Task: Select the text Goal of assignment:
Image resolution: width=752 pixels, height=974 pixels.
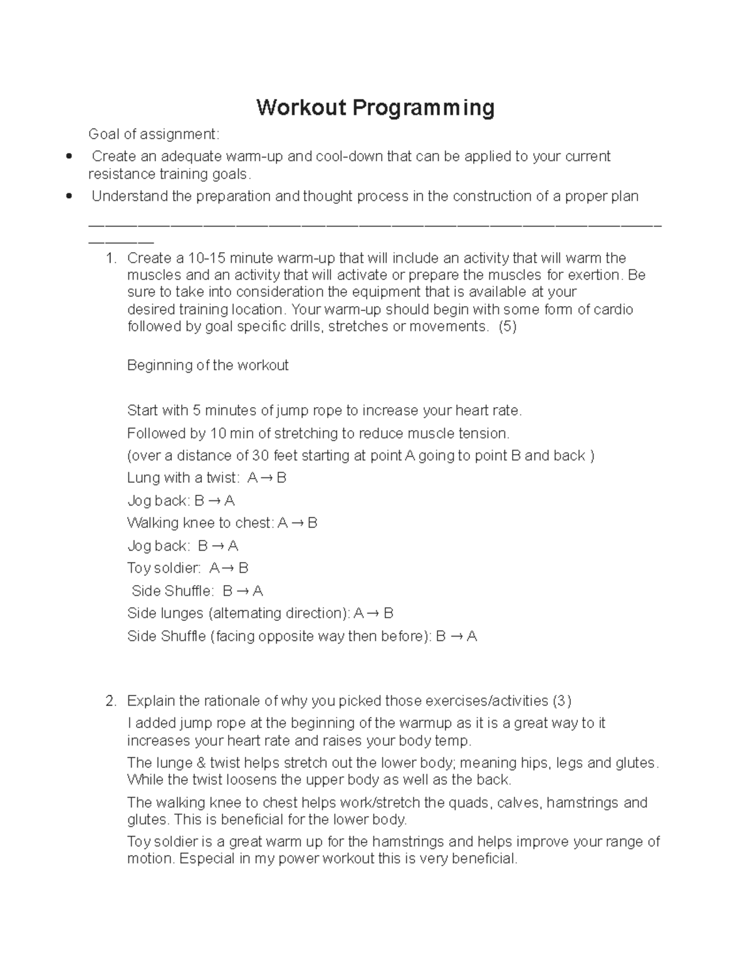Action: (154, 134)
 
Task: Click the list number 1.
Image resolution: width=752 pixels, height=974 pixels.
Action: (111, 258)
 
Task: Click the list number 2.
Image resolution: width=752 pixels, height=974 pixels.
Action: (111, 701)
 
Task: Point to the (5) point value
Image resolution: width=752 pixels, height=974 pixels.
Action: (507, 327)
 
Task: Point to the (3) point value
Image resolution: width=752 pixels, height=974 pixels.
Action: (562, 701)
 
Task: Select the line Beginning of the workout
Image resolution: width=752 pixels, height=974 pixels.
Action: (207, 366)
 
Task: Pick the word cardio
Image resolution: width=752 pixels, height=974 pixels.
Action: (613, 310)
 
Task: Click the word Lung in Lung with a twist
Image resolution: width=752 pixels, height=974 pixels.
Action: (143, 478)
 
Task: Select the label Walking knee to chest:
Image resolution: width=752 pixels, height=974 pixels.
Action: (200, 523)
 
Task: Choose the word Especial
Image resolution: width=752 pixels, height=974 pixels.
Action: (207, 859)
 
